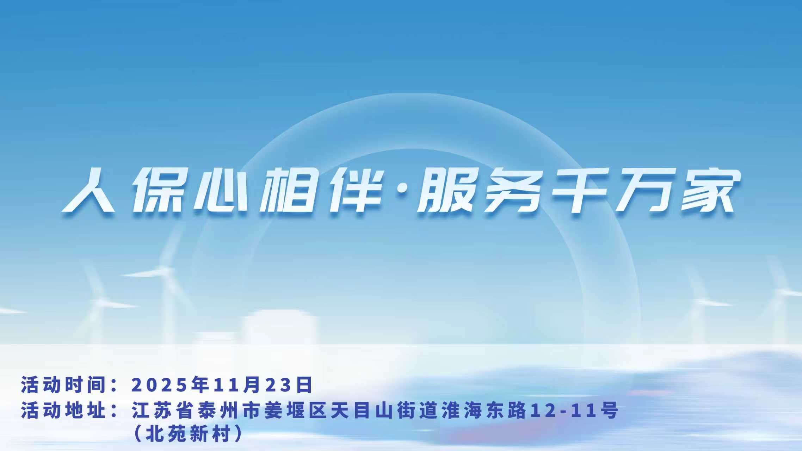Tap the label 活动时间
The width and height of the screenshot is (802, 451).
pyautogui.click(x=64, y=384)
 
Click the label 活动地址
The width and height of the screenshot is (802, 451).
pyautogui.click(x=64, y=410)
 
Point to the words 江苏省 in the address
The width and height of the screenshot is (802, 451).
pyautogui.click(x=164, y=410)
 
